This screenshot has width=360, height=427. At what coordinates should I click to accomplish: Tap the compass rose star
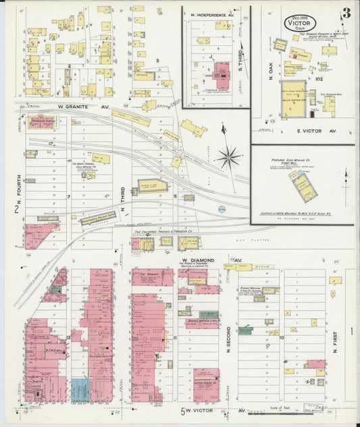tap(229, 157)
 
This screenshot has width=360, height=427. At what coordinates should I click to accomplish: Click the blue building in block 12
tap(80, 389)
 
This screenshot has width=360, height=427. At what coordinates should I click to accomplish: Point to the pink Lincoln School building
tap(221, 71)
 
